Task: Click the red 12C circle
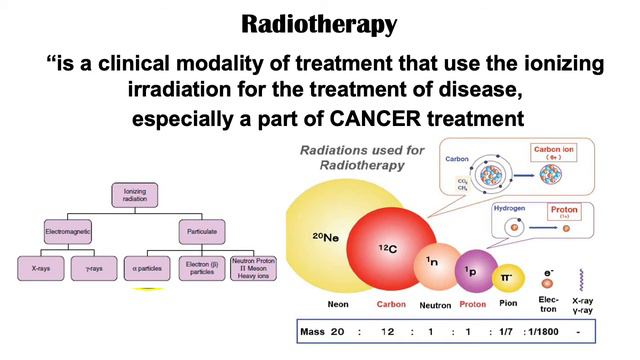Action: click(x=385, y=245)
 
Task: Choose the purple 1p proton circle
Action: click(x=474, y=271)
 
